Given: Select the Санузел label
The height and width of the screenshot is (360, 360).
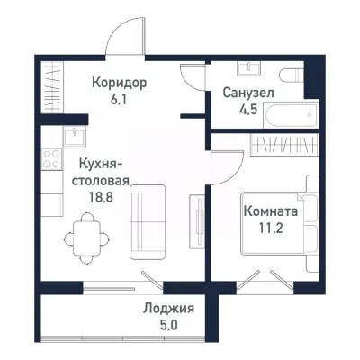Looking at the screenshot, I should pyautogui.click(x=248, y=94).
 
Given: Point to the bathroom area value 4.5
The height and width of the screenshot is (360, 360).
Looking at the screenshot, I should pyautogui.click(x=248, y=112).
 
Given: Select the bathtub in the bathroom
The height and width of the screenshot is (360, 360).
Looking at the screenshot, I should pyautogui.click(x=286, y=114).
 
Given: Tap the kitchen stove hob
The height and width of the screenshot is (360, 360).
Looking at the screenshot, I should pyautogui.click(x=51, y=163).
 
